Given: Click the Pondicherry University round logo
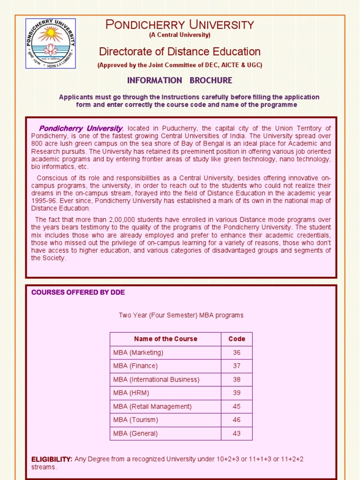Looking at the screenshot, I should point(50,44).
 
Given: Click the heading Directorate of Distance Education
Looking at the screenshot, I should point(180,52).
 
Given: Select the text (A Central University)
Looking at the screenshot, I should point(180,35).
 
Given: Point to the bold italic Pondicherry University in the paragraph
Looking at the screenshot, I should point(81,128).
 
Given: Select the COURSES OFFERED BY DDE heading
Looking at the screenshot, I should point(78,292).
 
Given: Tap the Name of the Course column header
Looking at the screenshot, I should point(165,339).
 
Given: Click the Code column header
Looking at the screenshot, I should point(236,339).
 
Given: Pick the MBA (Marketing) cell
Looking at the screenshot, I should point(138,352).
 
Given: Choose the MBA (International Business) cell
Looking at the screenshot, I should point(156,380).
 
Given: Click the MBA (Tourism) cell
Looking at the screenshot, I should point(135,420).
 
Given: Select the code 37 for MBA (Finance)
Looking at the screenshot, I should point(236,366).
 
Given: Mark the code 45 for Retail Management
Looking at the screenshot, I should point(236,406).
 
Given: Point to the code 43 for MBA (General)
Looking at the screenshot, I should point(236,434).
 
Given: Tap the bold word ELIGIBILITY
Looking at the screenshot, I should point(52,459).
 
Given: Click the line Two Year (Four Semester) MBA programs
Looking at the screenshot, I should point(181,315).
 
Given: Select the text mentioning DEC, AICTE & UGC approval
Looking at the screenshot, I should point(180,66).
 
